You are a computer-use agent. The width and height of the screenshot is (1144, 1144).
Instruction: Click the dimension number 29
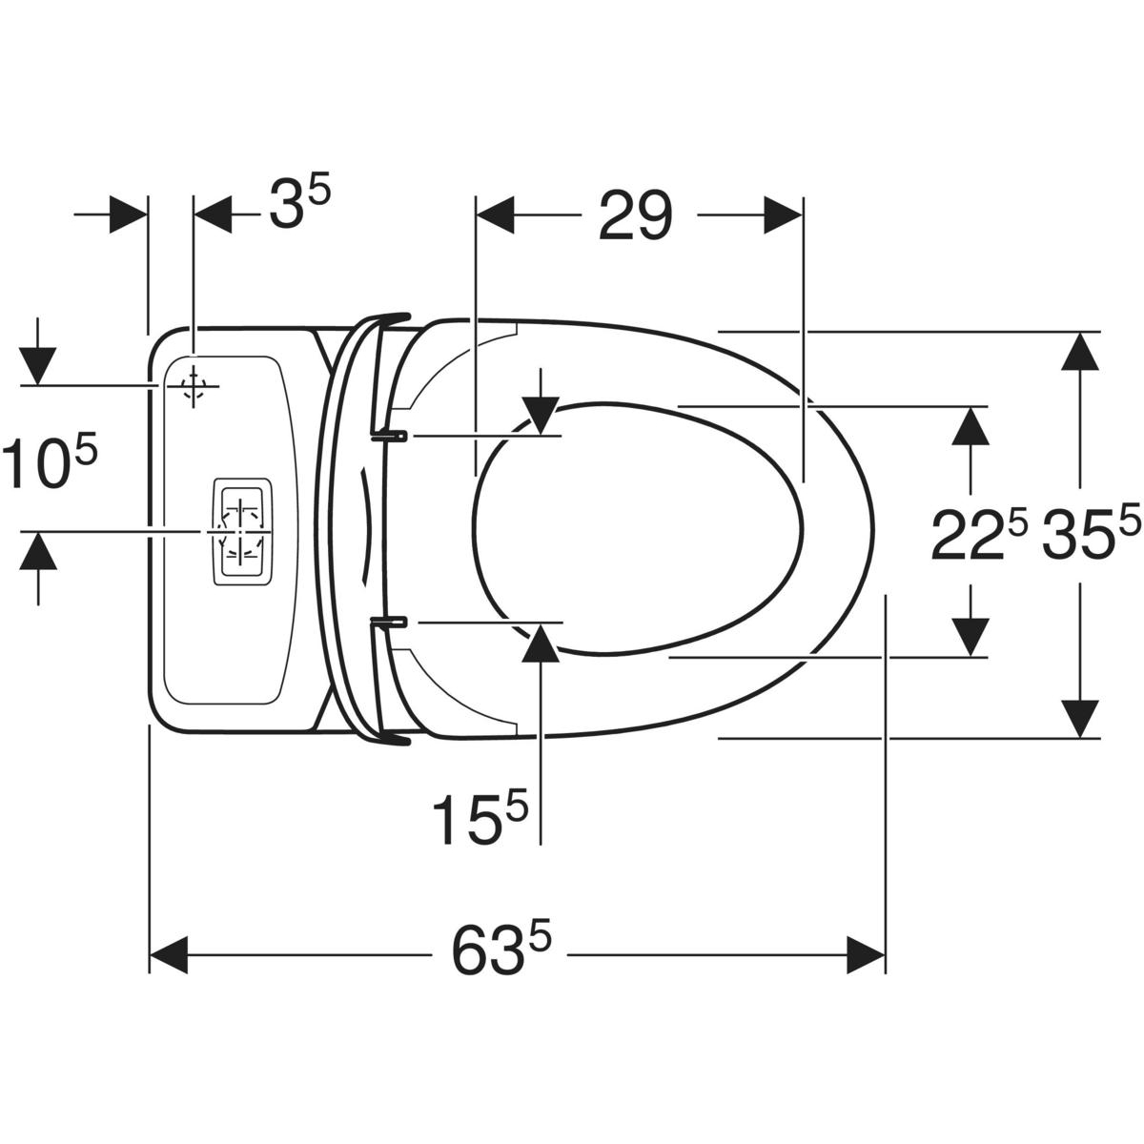tap(635, 215)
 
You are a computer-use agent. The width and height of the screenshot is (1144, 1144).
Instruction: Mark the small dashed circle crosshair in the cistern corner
tap(193, 386)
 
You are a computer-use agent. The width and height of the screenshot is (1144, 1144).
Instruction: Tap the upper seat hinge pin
tap(389, 436)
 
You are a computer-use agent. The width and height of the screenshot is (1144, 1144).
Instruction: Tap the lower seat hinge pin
tap(389, 622)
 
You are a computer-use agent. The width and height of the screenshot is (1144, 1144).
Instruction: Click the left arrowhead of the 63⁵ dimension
tap(169, 955)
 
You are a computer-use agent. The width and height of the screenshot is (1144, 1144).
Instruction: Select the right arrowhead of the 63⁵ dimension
tap(866, 955)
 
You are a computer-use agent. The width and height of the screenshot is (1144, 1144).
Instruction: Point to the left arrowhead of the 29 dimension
tap(495, 215)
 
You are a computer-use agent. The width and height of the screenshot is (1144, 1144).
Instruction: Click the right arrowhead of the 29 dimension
tap(783, 215)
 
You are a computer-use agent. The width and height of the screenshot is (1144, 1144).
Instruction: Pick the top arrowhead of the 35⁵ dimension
tap(1078, 350)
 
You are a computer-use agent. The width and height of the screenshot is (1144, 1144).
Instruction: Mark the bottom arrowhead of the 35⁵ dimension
tap(1078, 719)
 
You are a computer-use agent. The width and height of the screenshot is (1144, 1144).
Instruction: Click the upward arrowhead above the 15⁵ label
tap(541, 643)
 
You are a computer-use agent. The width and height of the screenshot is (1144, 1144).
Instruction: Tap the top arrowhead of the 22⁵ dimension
tap(970, 425)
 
